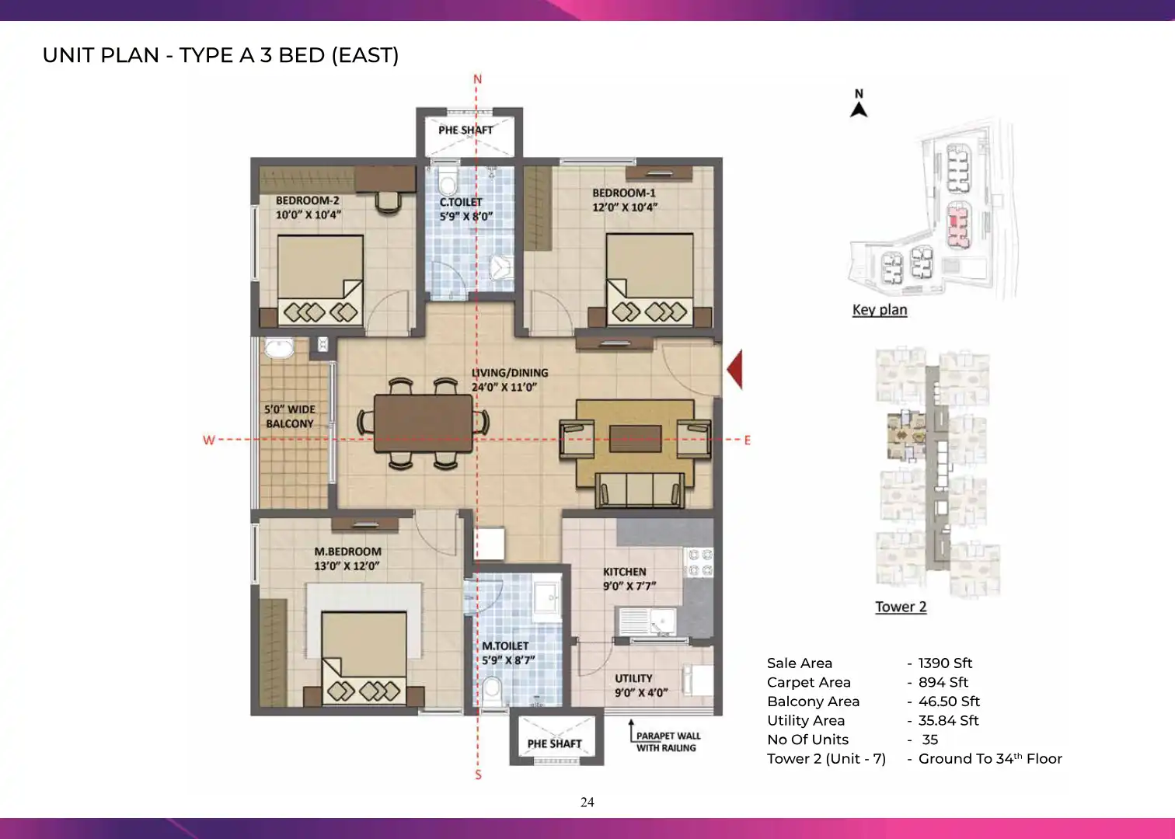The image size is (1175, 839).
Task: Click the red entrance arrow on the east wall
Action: [x=736, y=370]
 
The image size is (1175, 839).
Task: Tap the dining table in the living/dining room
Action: [x=424, y=423]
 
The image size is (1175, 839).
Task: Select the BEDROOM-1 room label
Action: [x=624, y=193]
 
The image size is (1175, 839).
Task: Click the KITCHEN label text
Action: [x=624, y=572]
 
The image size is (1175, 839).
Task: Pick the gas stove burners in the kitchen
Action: [x=699, y=562]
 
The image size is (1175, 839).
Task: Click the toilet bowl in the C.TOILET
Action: [x=448, y=181]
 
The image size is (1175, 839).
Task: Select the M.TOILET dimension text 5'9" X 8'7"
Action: [x=508, y=660]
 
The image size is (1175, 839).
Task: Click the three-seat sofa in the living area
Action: [x=640, y=489]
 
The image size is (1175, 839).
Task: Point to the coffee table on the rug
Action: [x=635, y=438]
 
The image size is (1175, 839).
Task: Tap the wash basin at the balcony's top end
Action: [x=279, y=348]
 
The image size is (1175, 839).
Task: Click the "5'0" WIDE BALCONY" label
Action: [x=290, y=416]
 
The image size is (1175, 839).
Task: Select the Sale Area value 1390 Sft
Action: [x=945, y=663]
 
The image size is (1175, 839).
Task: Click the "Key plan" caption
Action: [x=880, y=310]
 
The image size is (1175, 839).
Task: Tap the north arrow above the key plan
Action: [x=859, y=109]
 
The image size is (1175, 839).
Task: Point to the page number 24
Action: [x=587, y=802]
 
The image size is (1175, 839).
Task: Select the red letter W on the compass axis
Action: [x=209, y=440]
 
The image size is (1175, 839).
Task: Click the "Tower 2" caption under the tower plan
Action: [x=901, y=607]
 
